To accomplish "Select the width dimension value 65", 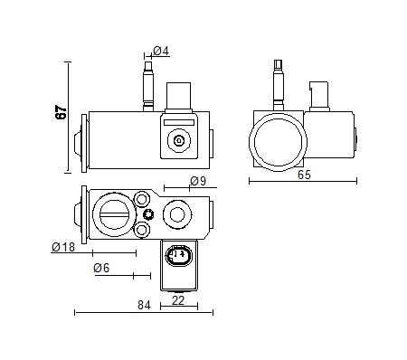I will pos(303,175).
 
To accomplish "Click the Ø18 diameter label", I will pos(62,246).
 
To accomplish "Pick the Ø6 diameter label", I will pos(100,269).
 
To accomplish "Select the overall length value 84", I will pos(144,305).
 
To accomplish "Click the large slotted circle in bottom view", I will pos(115,214).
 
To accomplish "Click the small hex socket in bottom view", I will pos(150,214).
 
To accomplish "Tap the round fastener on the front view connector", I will pos(177,139).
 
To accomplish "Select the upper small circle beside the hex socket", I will pos(143,199).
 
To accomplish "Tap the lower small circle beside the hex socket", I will pos(143,232).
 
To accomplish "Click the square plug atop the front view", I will pos(177,96).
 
